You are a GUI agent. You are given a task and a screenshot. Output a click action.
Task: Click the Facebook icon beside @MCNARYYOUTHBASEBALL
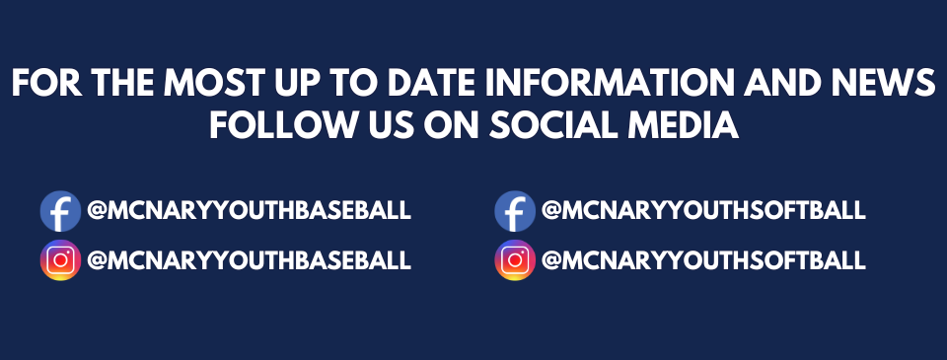pos(60,211)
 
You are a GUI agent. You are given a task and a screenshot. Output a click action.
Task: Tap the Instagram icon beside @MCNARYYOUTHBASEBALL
pos(60,260)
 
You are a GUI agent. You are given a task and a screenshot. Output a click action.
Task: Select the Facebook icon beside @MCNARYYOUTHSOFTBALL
pos(514,211)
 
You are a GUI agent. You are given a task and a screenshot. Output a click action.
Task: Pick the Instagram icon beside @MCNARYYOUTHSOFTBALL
pos(514,260)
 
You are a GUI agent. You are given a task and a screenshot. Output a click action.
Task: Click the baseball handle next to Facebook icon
pos(249,210)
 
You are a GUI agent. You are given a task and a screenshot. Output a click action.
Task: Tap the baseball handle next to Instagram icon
pos(249,260)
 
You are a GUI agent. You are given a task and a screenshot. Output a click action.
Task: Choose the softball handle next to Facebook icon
pos(703,210)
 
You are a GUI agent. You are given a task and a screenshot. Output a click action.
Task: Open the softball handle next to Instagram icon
pos(703,260)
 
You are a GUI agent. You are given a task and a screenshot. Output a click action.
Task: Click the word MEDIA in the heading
pos(690,125)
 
